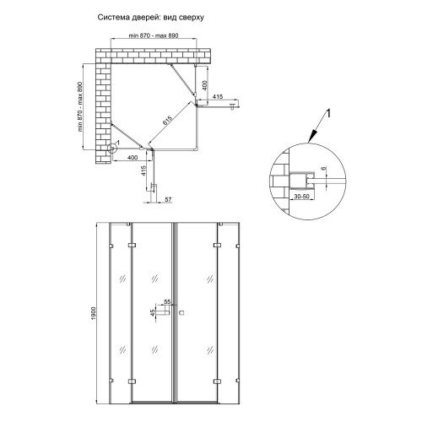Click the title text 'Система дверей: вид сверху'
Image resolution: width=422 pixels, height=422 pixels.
[151, 18]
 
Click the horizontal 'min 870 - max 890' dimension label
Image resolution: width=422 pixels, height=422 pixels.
[154, 35]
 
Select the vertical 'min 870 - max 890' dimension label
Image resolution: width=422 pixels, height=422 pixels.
[80, 107]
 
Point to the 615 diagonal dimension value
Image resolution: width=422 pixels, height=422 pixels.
[167, 121]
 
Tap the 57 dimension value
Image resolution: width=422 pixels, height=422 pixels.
[168, 199]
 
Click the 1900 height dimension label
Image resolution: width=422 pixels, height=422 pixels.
[94, 313]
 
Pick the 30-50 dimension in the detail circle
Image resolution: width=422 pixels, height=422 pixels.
[301, 197]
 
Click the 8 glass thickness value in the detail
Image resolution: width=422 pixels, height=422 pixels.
[324, 168]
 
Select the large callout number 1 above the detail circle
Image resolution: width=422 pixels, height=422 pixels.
[328, 114]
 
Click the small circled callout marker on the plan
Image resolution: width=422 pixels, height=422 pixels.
[111, 148]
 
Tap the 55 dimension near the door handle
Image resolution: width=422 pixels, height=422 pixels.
[167, 302]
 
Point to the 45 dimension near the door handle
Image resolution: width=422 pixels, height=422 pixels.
[153, 313]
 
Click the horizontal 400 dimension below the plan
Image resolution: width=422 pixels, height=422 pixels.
[133, 158]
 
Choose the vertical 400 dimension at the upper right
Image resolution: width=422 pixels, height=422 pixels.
[205, 85]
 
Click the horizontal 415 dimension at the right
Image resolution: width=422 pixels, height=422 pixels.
[218, 96]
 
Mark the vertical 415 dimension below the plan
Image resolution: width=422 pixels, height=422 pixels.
[143, 170]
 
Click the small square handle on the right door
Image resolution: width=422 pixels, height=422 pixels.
[181, 312]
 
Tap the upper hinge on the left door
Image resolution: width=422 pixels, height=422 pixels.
[132, 246]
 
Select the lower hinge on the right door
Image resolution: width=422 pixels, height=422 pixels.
[217, 381]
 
